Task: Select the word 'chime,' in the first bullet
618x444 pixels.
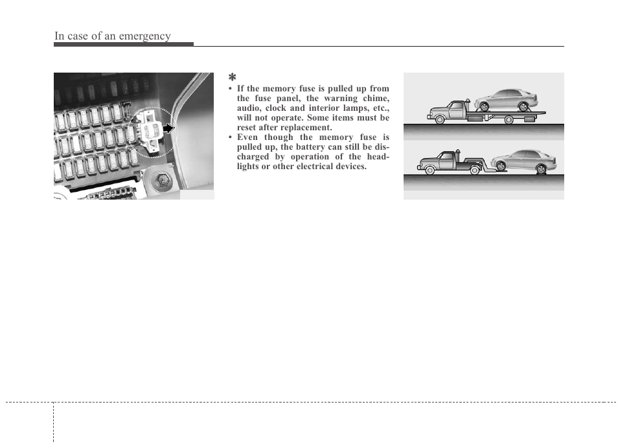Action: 373,98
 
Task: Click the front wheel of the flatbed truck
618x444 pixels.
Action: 441,119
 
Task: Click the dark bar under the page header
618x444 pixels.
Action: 124,45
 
